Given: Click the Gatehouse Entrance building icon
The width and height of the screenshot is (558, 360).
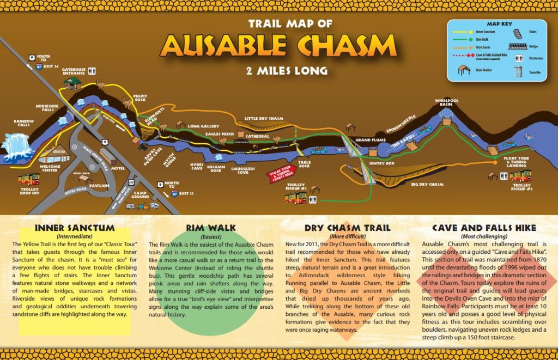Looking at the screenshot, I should (x=72, y=83).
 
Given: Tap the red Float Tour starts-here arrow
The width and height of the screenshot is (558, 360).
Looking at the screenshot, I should (x=282, y=176).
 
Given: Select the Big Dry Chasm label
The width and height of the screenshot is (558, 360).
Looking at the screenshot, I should (x=427, y=184).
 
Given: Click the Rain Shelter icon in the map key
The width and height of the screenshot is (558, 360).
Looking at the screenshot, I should (x=464, y=71).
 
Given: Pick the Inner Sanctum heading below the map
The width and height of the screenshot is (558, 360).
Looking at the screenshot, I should (x=74, y=228).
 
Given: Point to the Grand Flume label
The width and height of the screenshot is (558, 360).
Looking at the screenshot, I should (x=371, y=140).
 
